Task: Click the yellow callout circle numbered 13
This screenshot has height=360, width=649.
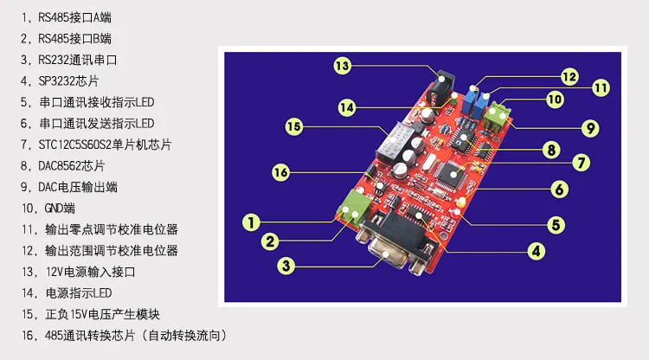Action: tap(342, 66)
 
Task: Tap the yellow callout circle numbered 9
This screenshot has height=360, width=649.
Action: tap(590, 127)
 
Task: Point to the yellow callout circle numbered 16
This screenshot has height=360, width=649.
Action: tap(280, 173)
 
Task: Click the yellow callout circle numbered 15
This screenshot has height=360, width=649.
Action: tap(293, 127)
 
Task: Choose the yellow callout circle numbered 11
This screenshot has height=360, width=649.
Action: tap(601, 87)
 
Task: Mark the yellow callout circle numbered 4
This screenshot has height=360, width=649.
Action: tap(537, 251)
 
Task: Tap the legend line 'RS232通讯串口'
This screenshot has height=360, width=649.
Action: tap(73, 61)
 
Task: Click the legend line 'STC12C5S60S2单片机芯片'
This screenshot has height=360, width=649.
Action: tap(100, 145)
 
